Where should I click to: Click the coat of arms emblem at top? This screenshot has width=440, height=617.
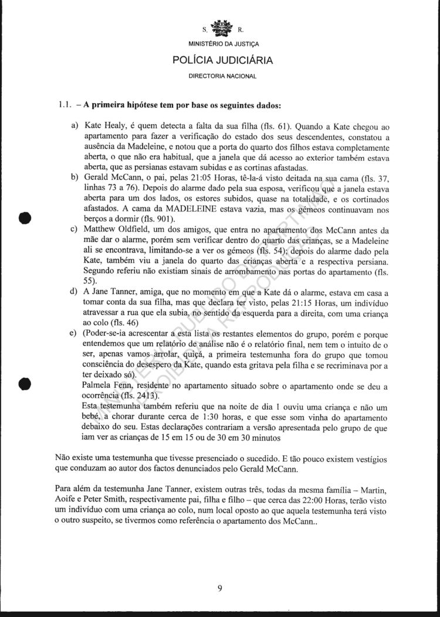(x=220, y=27)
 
